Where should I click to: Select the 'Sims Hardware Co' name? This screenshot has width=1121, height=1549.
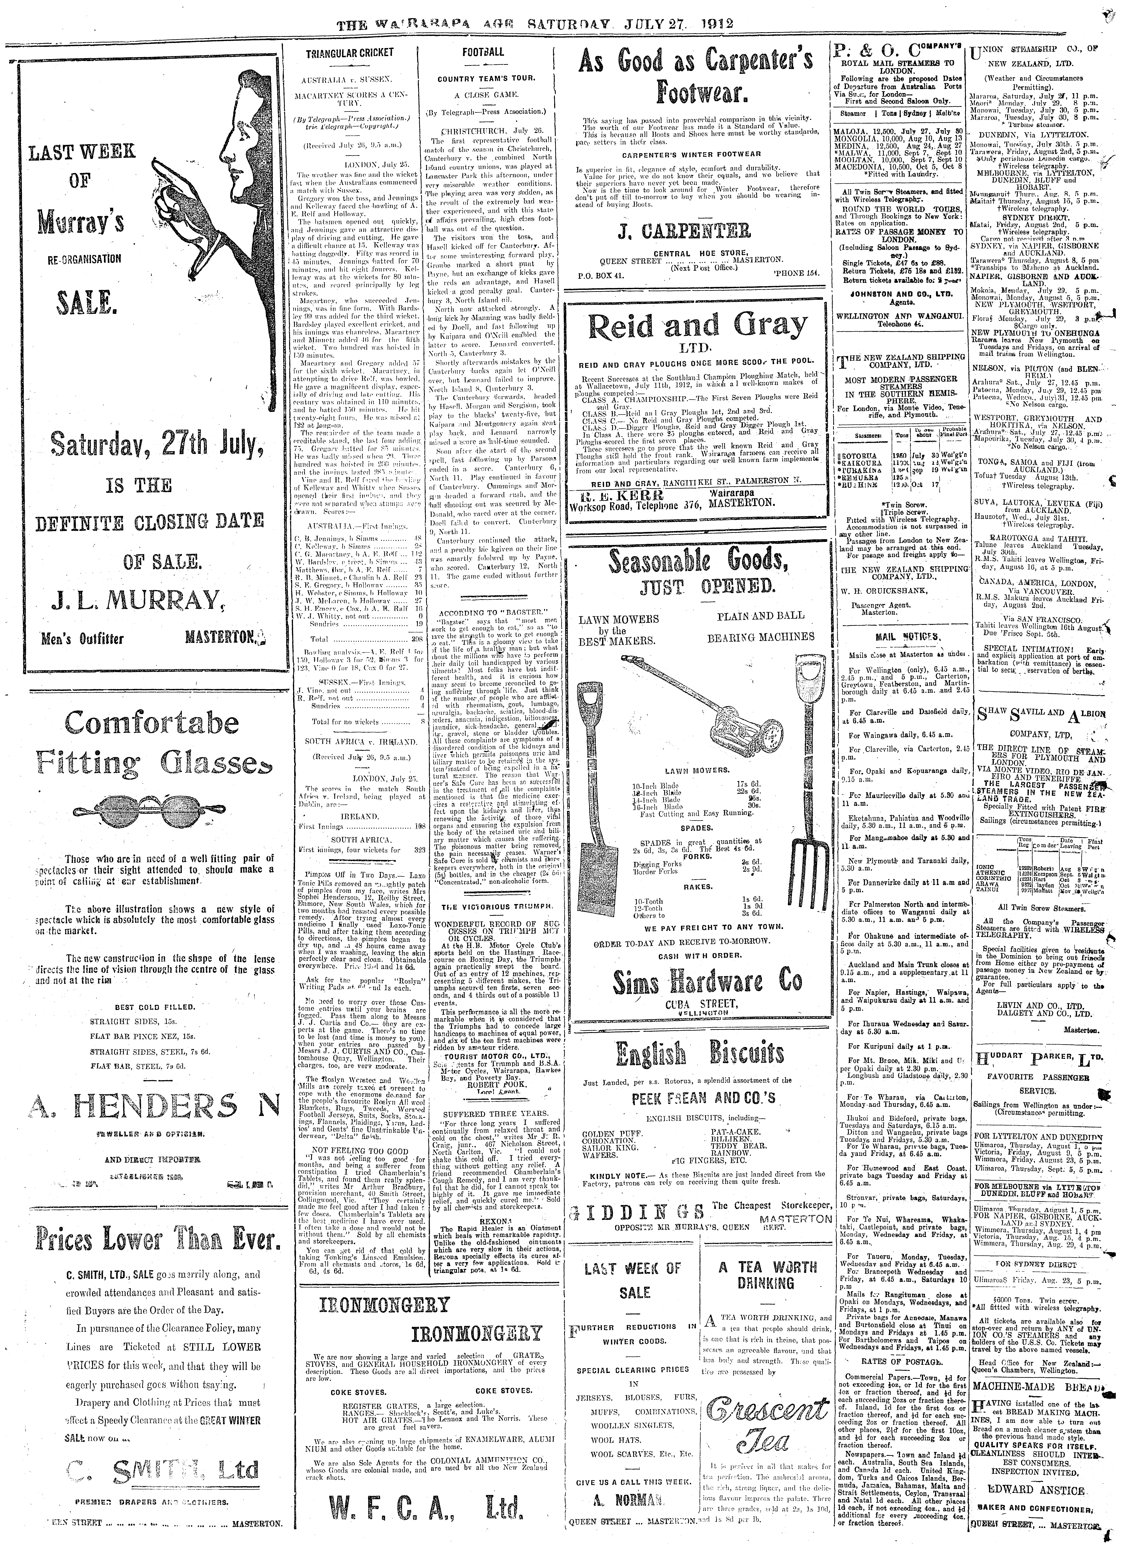(697, 981)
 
